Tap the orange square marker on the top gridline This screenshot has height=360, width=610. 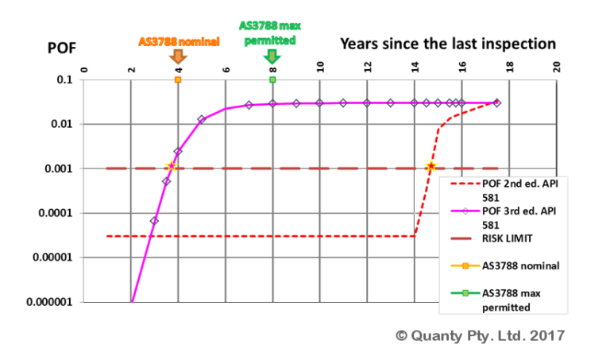coord(178,79)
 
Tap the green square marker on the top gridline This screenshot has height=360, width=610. coord(272,79)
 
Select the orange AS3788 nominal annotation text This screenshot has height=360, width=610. coord(178,41)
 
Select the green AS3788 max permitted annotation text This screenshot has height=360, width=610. coord(270,33)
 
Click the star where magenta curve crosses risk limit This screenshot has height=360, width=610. coord(170,167)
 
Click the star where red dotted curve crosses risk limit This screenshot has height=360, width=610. coord(430,167)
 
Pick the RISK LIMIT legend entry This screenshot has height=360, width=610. coord(508,237)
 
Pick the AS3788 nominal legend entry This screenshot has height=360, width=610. coord(519,265)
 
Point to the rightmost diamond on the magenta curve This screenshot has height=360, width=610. coord(497,103)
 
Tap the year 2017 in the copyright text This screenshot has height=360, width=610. coord(548,336)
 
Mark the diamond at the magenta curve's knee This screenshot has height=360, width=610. coord(202,119)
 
